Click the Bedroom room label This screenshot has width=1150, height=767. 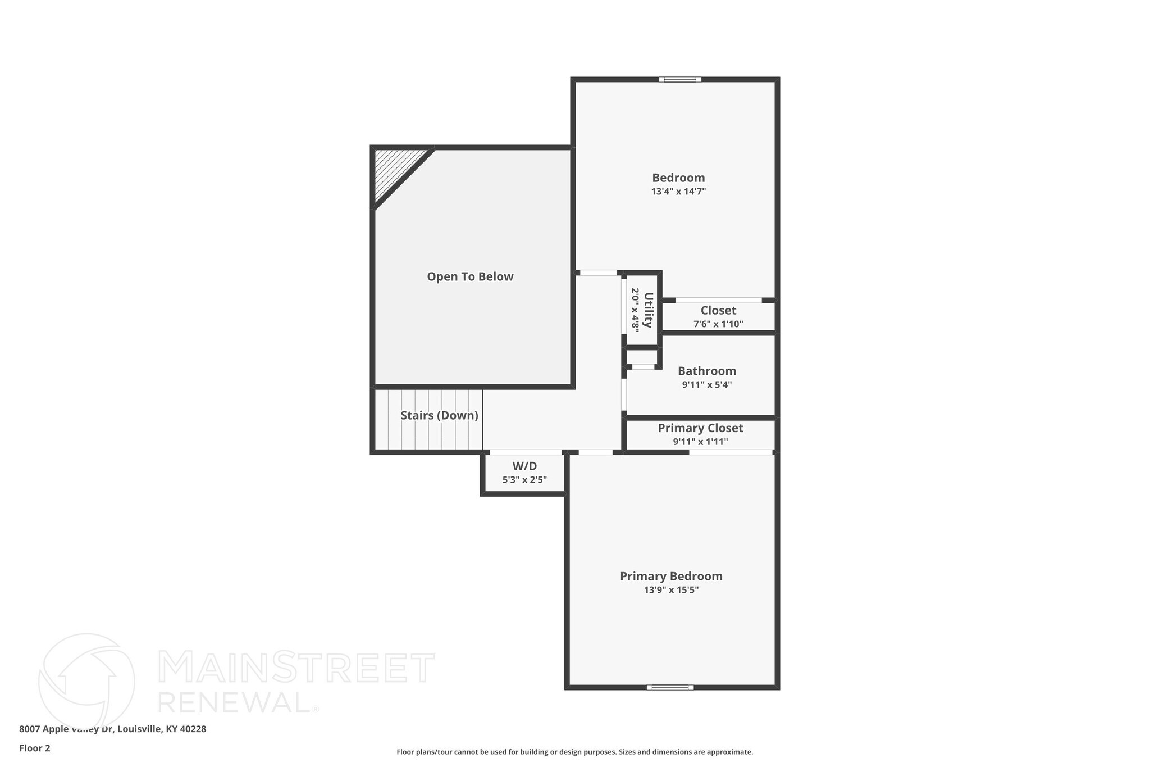click(x=678, y=178)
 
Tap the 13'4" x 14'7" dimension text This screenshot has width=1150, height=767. click(x=678, y=192)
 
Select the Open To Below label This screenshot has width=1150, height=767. click(x=470, y=276)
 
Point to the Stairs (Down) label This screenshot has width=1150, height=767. click(x=439, y=415)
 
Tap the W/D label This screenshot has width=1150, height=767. click(x=524, y=466)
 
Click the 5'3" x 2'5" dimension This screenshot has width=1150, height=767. click(x=524, y=480)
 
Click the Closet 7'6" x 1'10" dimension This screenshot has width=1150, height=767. click(x=718, y=324)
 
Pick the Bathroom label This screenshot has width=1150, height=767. click(x=706, y=371)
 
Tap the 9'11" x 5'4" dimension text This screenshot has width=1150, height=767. click(x=706, y=385)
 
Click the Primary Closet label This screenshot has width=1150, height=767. click(x=700, y=428)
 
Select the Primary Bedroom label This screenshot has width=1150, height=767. click(x=671, y=576)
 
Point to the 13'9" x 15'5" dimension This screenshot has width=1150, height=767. click(x=671, y=590)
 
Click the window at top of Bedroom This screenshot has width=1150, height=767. click(x=679, y=79)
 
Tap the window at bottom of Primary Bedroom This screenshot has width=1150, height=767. click(x=670, y=687)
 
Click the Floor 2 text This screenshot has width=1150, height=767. click(x=35, y=748)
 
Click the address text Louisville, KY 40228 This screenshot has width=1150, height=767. click(x=162, y=729)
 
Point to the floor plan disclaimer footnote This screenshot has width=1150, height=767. click(x=574, y=752)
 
